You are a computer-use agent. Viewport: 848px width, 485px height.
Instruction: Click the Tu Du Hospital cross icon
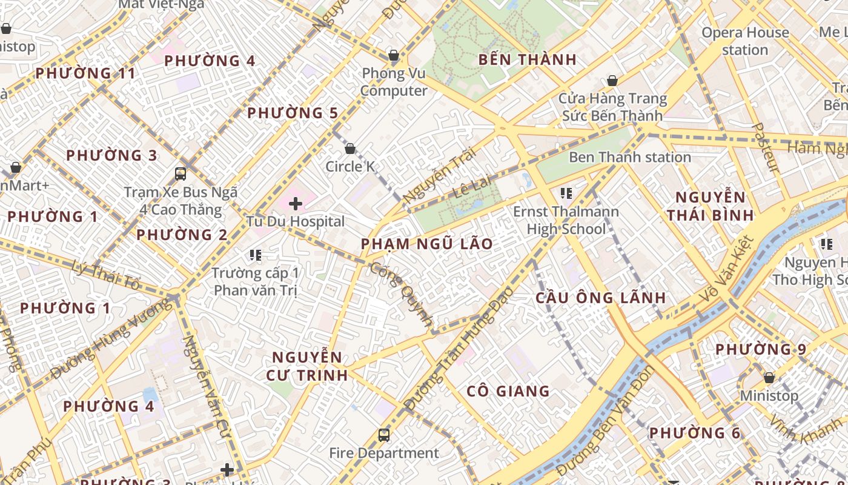pyautogui.click(x=295, y=204)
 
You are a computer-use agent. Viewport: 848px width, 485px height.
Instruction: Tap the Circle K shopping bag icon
pyautogui.click(x=350, y=149)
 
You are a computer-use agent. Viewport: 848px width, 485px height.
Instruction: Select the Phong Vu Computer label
pyautogui.click(x=394, y=82)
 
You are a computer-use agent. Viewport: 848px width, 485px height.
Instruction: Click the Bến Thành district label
pyautogui.click(x=527, y=59)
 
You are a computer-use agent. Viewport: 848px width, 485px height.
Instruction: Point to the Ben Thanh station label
pyautogui.click(x=630, y=158)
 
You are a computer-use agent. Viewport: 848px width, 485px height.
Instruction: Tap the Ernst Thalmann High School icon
pyautogui.click(x=566, y=193)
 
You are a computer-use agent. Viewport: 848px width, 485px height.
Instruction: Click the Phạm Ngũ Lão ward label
pyautogui.click(x=426, y=244)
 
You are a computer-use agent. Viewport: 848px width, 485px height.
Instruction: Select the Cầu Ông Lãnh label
pyautogui.click(x=601, y=298)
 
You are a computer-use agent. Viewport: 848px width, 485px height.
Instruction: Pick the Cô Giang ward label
pyautogui.click(x=508, y=391)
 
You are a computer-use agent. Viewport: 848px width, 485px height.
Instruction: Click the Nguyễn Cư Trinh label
pyautogui.click(x=307, y=366)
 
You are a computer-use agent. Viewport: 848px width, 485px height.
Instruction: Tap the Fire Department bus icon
pyautogui.click(x=383, y=435)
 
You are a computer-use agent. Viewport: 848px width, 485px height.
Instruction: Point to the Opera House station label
pyautogui.click(x=745, y=41)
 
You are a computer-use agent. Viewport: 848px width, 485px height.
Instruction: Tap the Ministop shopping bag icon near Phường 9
pyautogui.click(x=769, y=378)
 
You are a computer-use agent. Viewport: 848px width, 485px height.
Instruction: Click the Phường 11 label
pyautogui.click(x=85, y=73)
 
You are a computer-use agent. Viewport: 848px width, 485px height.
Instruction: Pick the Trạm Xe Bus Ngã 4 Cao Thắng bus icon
pyautogui.click(x=180, y=174)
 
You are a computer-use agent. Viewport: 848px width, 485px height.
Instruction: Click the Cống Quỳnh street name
pyautogui.click(x=402, y=295)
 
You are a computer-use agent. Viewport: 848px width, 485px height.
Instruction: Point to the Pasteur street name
pyautogui.click(x=766, y=147)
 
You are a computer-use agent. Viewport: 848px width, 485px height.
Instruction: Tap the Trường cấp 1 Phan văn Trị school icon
pyautogui.click(x=255, y=255)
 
